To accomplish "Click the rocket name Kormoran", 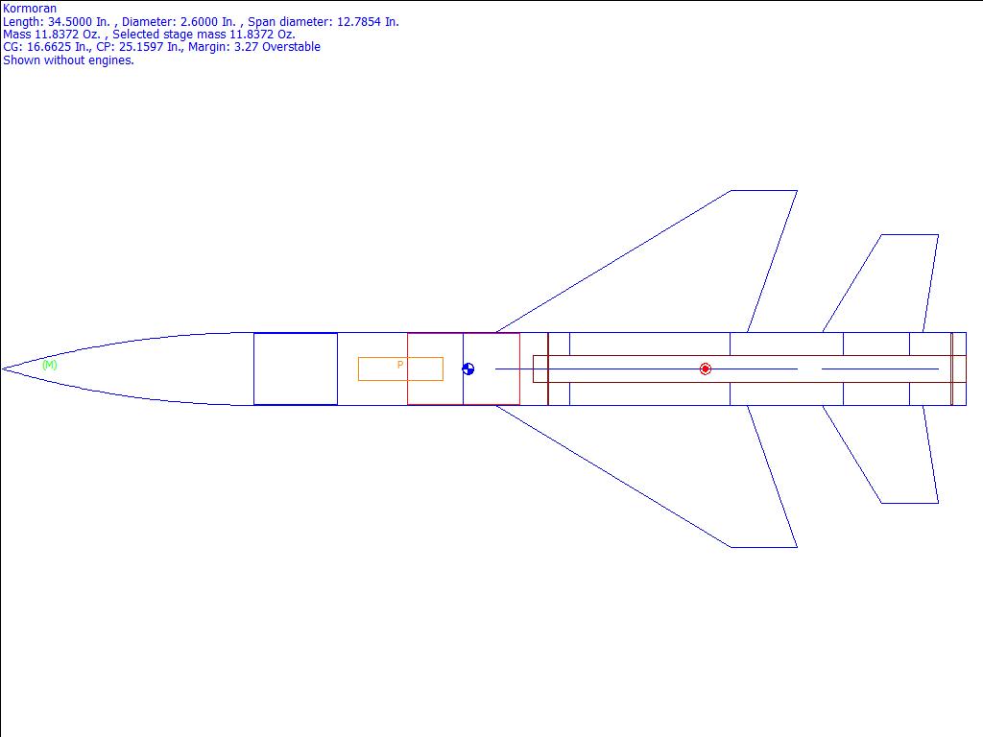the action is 30,9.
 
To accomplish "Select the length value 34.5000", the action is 69,22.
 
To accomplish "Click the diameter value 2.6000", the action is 202,22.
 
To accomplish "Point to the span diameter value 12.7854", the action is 359,22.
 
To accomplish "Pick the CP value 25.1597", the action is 141,47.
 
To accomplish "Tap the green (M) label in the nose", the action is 50,365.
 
